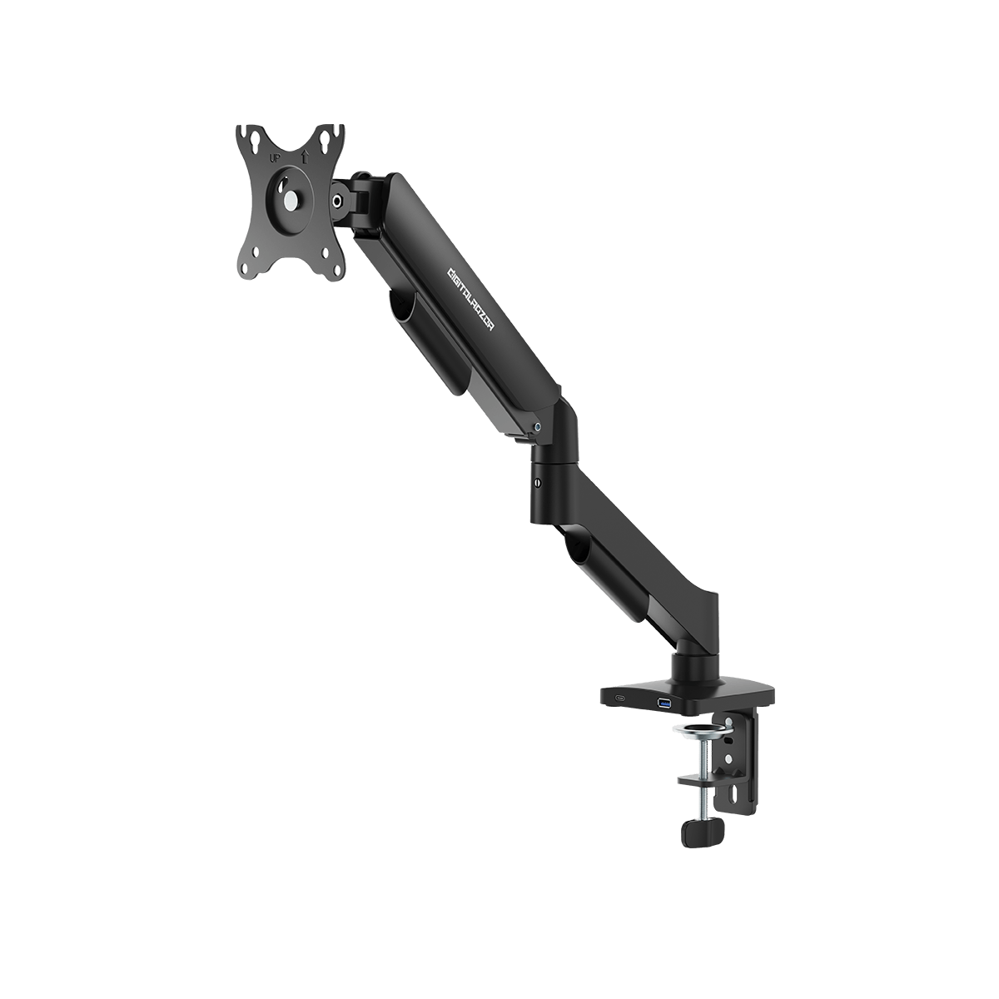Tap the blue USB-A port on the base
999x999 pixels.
pos(665,705)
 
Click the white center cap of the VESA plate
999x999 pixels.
pos(290,201)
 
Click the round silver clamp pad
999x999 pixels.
pos(703,731)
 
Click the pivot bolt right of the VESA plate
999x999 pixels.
pos(338,200)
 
